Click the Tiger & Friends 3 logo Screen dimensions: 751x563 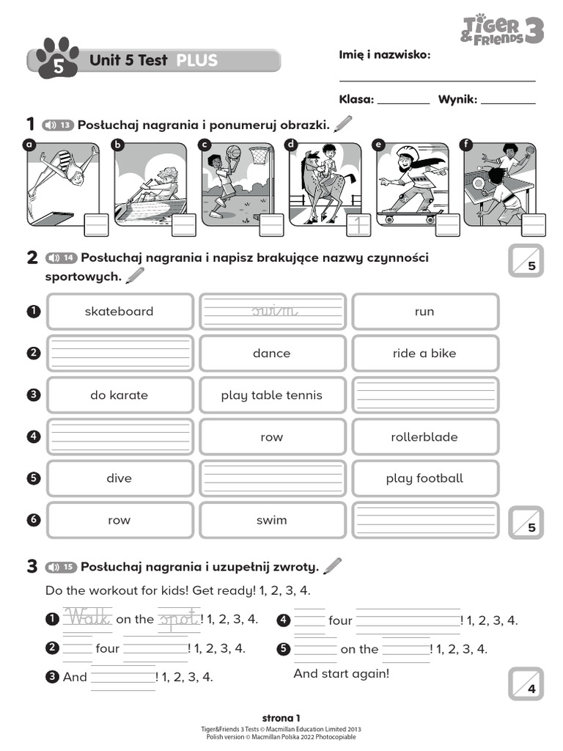[x=502, y=30]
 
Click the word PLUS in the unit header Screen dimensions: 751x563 [x=196, y=61]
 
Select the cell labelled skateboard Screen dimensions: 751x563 [x=119, y=312]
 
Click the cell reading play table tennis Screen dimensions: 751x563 [x=272, y=395]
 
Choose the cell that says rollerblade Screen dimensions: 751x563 [x=424, y=437]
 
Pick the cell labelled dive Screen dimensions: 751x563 [x=119, y=479]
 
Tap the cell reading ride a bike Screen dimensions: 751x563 [x=424, y=353]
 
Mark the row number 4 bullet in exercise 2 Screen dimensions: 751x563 [x=33, y=436]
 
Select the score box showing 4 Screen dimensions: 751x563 [x=526, y=684]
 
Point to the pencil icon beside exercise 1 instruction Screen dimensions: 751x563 [x=342, y=124]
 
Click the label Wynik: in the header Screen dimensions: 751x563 [x=457, y=100]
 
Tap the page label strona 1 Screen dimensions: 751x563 [x=281, y=718]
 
